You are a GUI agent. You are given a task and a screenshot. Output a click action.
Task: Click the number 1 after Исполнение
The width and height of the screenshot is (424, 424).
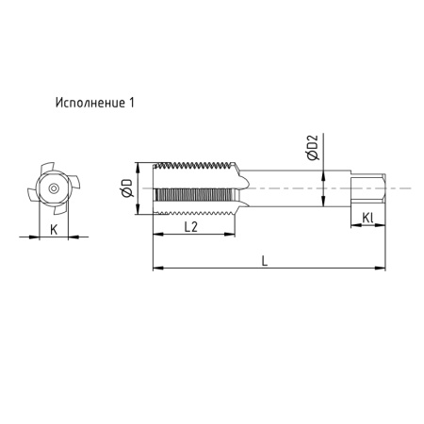coord(134,102)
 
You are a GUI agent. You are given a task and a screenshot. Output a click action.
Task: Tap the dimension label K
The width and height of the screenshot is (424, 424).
coord(54,229)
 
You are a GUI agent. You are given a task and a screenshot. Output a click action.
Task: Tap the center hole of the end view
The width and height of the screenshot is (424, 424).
coord(54,189)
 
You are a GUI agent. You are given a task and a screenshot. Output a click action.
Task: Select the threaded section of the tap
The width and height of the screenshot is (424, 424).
coord(193,188)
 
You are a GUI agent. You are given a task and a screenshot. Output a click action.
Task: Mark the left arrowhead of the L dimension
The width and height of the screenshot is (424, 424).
coord(156,269)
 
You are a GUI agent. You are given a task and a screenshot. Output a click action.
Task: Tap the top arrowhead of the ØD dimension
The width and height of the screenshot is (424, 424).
coord(139,167)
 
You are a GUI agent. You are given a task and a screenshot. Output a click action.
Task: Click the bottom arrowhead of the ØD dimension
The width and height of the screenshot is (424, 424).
coord(139,211)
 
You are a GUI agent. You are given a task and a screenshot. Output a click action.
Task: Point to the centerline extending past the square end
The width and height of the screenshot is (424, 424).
coord(400,188)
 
